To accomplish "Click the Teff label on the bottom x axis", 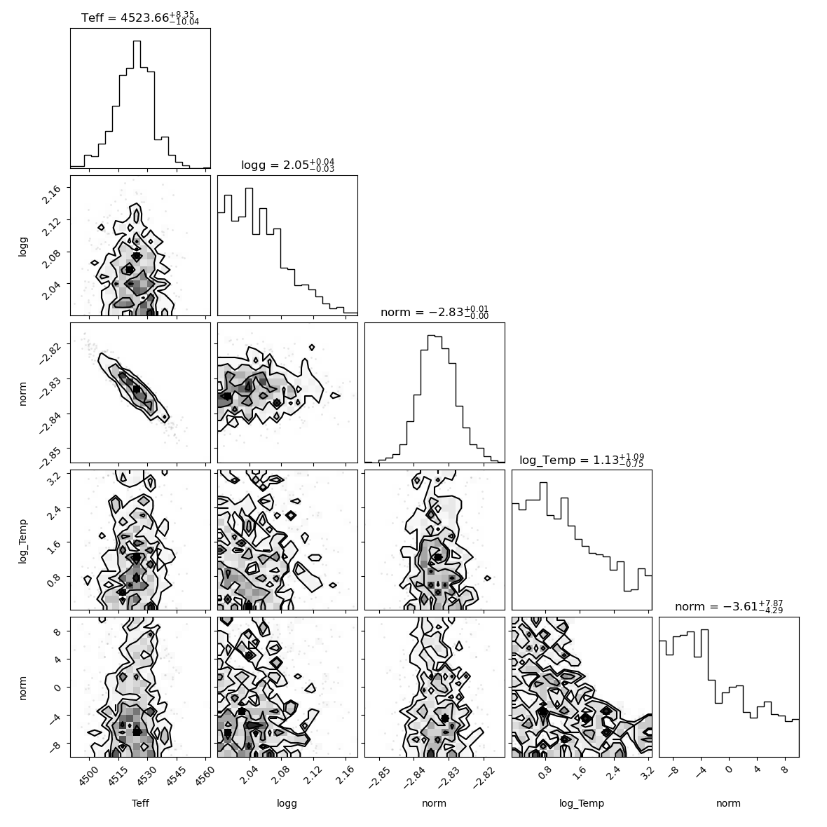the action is (140, 803).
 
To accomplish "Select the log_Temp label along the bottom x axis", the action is (582, 804).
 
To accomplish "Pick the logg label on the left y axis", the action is (22, 246).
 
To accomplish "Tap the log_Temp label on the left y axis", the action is (22, 540).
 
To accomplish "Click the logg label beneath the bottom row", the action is (287, 804).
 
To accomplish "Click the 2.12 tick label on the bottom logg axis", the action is (313, 774).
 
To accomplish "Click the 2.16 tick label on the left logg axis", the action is (51, 195).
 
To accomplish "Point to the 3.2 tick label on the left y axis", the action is (53, 478).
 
